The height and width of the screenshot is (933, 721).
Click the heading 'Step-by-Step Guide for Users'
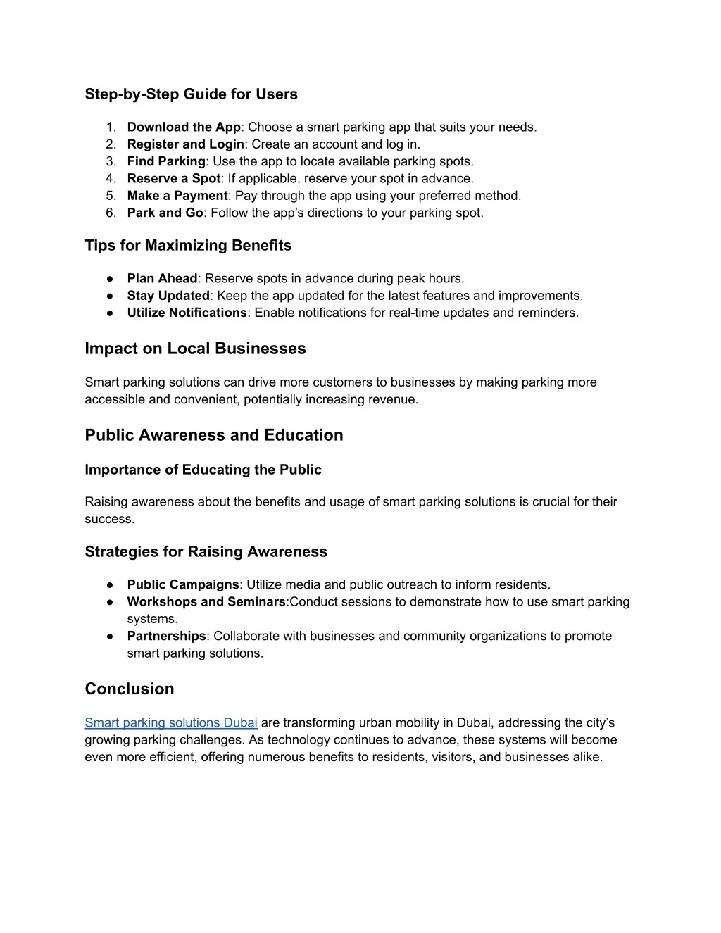pyautogui.click(x=191, y=94)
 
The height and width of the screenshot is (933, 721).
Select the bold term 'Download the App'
pyautogui.click(x=184, y=127)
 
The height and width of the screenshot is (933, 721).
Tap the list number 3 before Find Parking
pyautogui.click(x=111, y=162)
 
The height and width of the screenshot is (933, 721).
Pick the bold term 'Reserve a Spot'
pyautogui.click(x=174, y=179)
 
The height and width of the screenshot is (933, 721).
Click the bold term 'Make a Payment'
pyautogui.click(x=177, y=196)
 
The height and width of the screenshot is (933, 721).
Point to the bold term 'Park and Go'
pyautogui.click(x=165, y=213)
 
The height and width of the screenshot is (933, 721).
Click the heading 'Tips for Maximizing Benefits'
pyautogui.click(x=188, y=246)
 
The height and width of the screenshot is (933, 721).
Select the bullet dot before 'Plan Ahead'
pyautogui.click(x=111, y=279)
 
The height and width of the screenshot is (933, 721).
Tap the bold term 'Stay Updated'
pyautogui.click(x=168, y=296)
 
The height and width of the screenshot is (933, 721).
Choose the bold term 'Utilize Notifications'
pyautogui.click(x=187, y=313)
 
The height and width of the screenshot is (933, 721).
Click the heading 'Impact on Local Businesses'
pyautogui.click(x=195, y=349)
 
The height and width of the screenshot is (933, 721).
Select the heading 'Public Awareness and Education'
pyautogui.click(x=214, y=435)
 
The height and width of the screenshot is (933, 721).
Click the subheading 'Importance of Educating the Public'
pyautogui.click(x=203, y=470)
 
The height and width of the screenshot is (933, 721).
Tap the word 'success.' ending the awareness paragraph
pyautogui.click(x=109, y=519)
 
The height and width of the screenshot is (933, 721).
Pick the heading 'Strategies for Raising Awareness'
pyautogui.click(x=206, y=552)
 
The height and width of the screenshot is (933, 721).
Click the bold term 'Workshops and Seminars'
pyautogui.click(x=206, y=602)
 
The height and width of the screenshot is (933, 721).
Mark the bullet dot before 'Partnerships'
pyautogui.click(x=111, y=637)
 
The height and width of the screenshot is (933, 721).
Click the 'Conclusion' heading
pyautogui.click(x=129, y=689)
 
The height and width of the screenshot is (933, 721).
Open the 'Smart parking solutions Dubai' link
pyautogui.click(x=171, y=723)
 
